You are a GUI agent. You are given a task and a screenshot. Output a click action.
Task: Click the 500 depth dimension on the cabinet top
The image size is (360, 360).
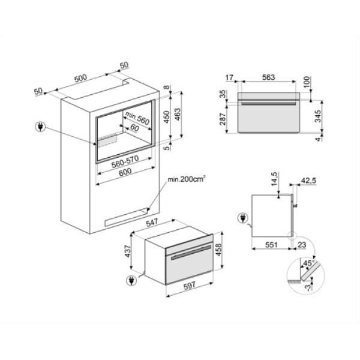(x=80, y=78)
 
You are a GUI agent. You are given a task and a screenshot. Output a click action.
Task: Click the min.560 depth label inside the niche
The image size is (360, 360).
(x=137, y=118)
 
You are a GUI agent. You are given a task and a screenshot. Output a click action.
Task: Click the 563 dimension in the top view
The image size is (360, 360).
(x=268, y=77)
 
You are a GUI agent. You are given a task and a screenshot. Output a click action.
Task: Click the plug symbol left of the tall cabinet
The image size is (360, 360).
(x=41, y=127)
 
